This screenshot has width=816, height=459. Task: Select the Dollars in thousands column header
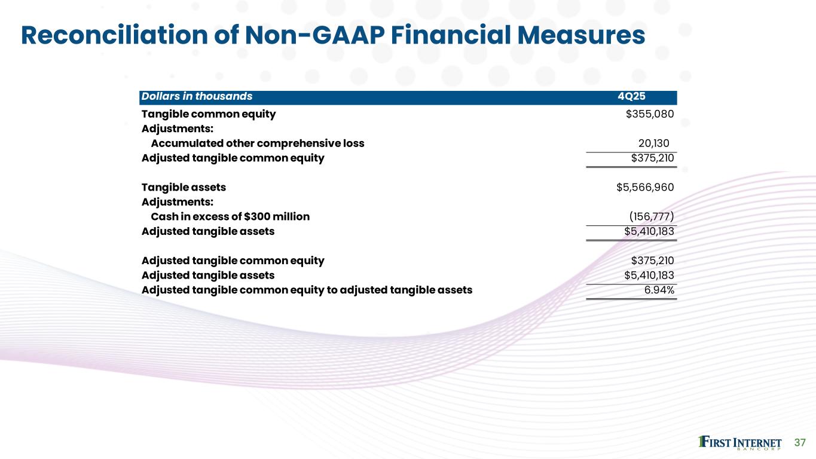197,97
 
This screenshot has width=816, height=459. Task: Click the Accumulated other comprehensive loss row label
257,143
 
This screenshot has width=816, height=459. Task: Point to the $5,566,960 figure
645,187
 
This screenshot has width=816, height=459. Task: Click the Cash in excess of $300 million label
230,216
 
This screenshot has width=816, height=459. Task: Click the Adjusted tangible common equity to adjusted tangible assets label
307,290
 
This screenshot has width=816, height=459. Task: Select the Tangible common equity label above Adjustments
209,114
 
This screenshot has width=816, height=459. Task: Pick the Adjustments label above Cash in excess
177,202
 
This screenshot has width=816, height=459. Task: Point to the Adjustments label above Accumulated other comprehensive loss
177,128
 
